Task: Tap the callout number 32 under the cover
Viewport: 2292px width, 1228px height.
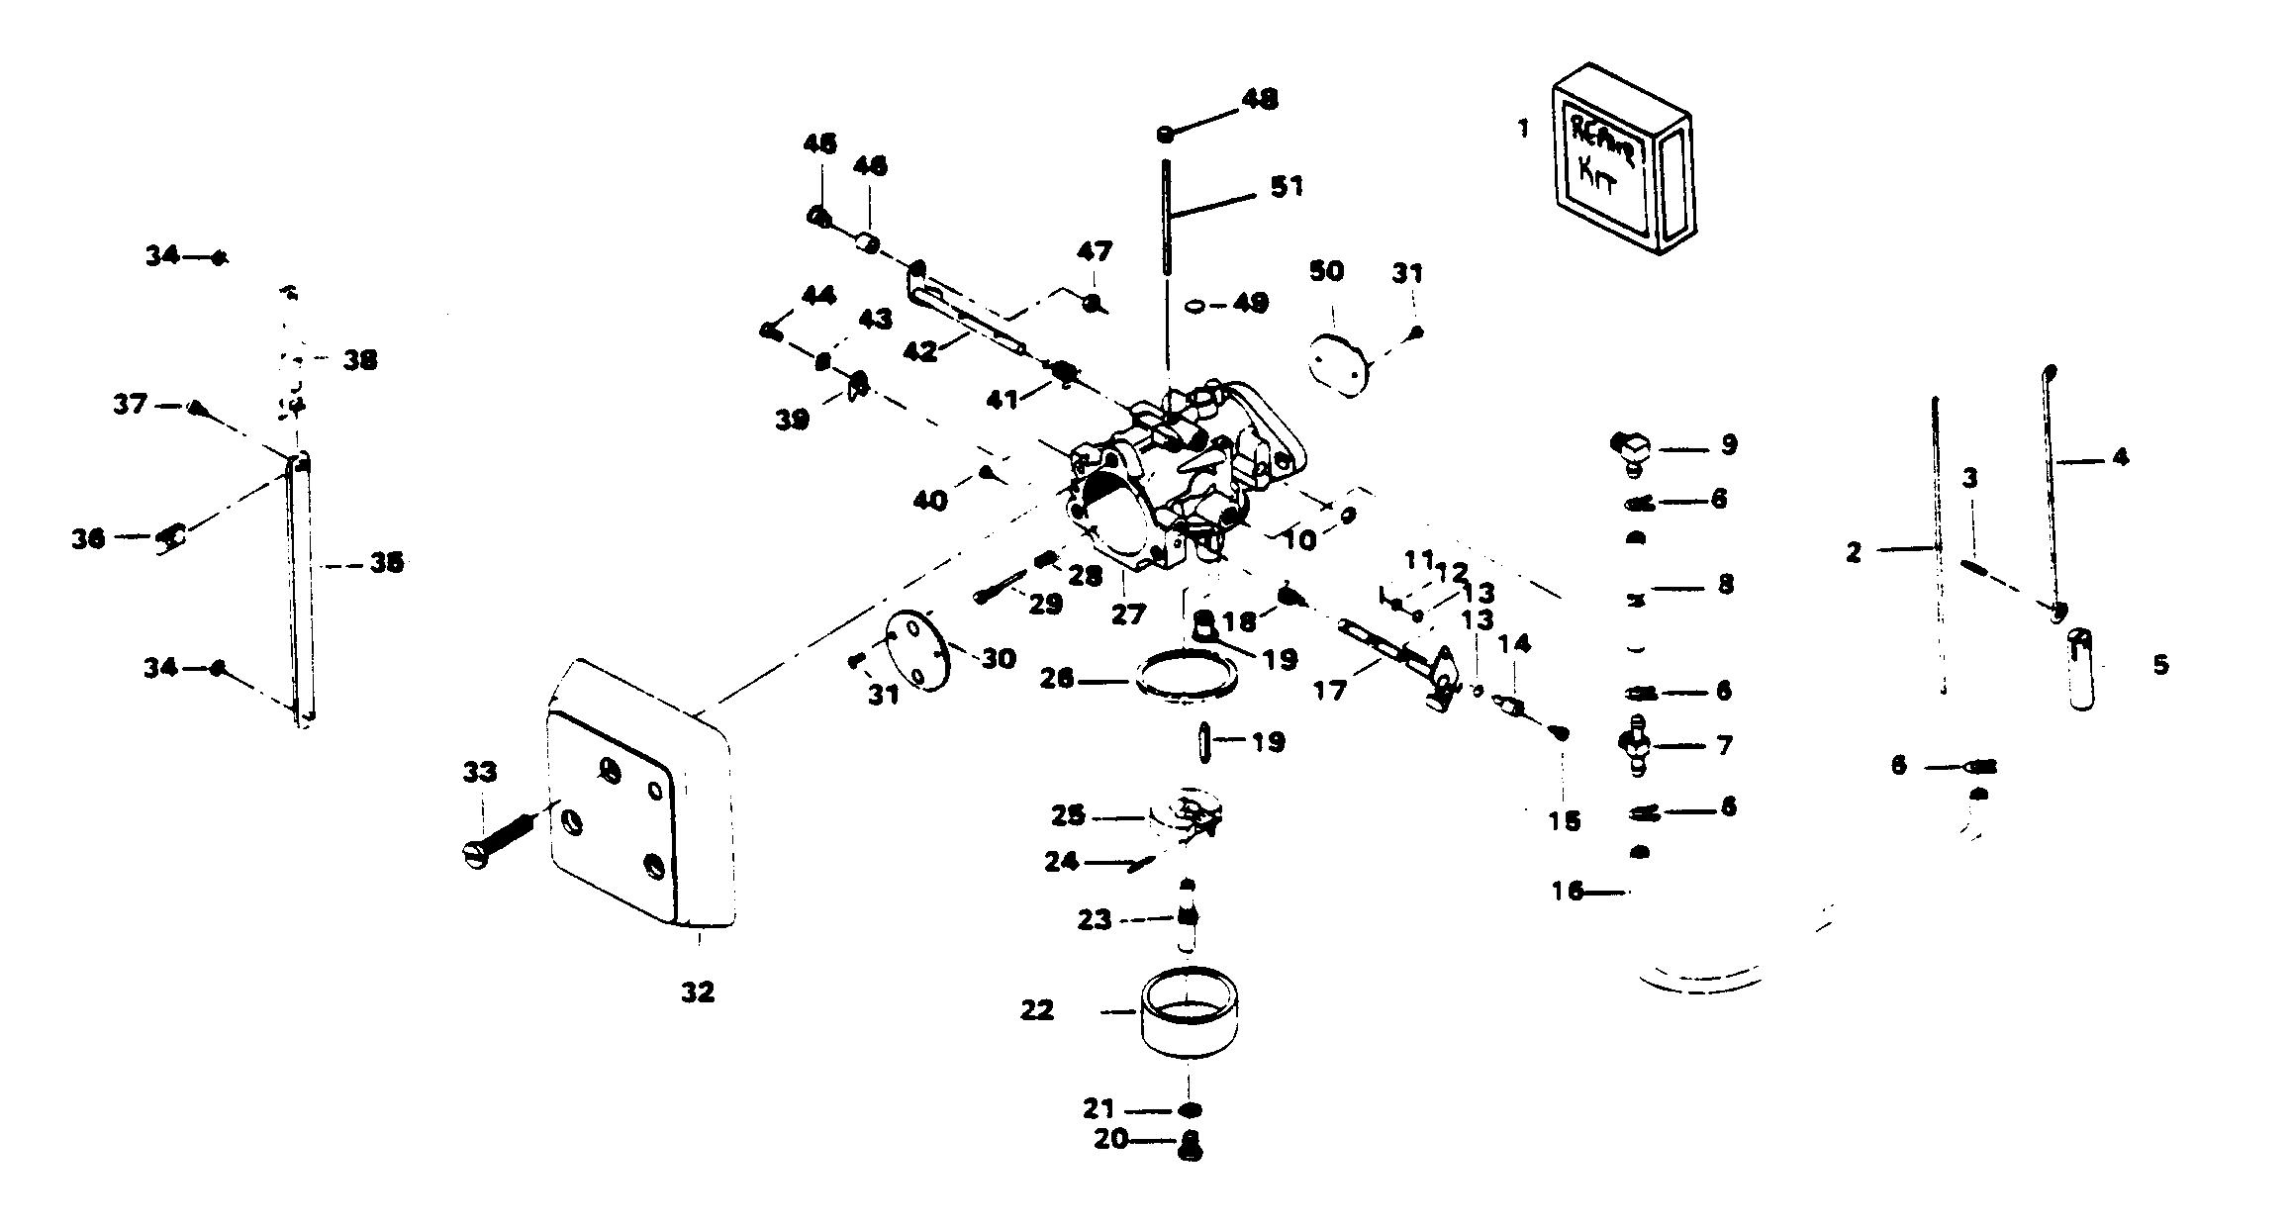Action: pyautogui.click(x=697, y=992)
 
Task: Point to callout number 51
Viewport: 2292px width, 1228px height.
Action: pyautogui.click(x=1287, y=186)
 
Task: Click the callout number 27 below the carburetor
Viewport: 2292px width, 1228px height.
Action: pyautogui.click(x=1127, y=614)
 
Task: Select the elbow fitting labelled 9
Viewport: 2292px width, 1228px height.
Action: pyautogui.click(x=1633, y=448)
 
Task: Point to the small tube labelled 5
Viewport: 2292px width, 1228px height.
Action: pyautogui.click(x=2081, y=668)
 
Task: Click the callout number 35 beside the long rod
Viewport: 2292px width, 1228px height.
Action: pyautogui.click(x=386, y=563)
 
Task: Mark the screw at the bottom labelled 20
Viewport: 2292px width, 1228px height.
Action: pyautogui.click(x=1192, y=1148)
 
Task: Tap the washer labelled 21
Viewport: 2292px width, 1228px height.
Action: pyautogui.click(x=1191, y=1109)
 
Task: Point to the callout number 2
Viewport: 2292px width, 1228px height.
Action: pyautogui.click(x=1854, y=552)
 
